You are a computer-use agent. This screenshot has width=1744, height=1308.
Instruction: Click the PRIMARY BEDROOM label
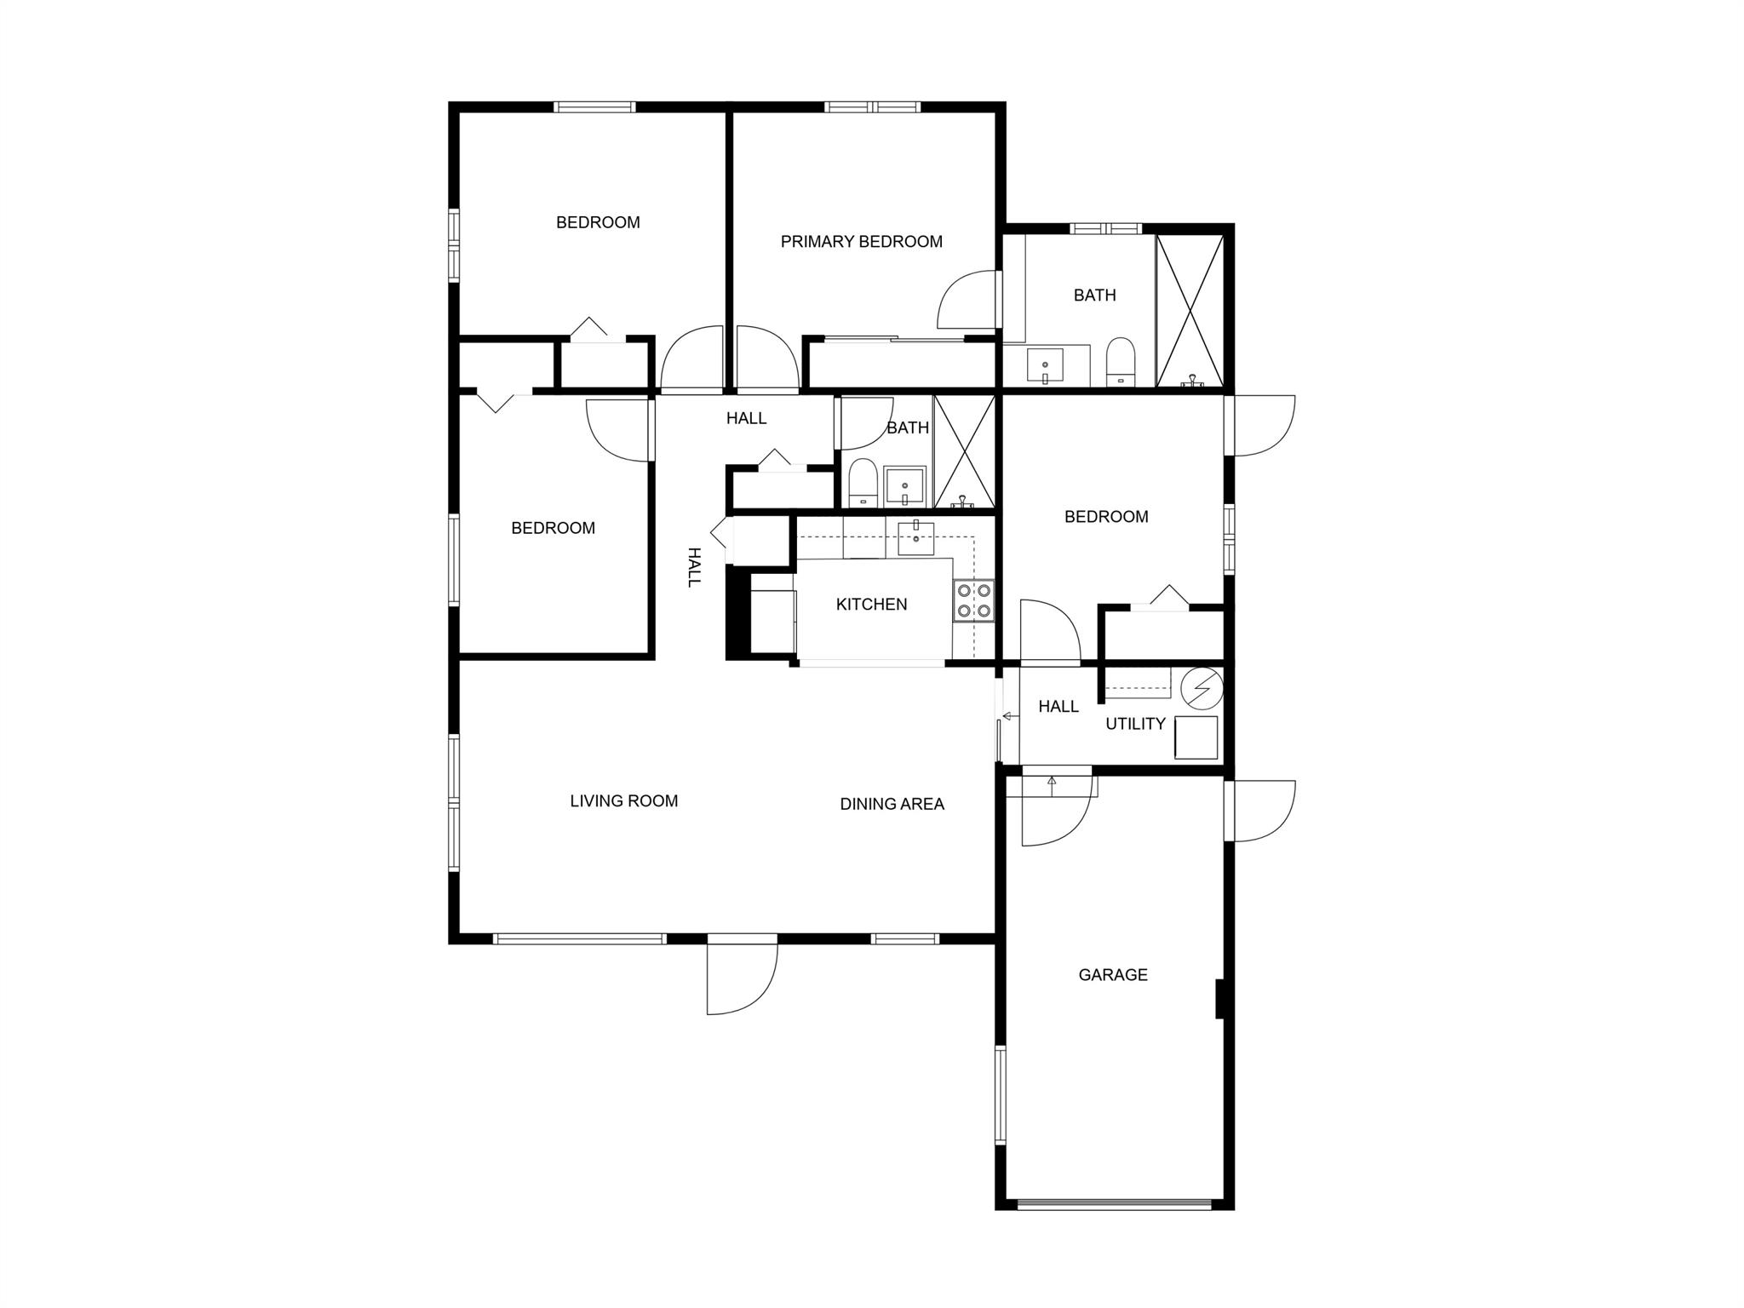click(x=861, y=242)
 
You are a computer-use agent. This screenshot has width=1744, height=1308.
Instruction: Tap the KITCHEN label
click(x=871, y=605)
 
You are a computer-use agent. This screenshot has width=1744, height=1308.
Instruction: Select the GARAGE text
click(x=1113, y=975)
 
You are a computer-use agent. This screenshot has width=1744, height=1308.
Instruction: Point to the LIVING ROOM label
click(x=624, y=801)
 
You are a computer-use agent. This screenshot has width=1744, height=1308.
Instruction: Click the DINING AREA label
click(x=892, y=804)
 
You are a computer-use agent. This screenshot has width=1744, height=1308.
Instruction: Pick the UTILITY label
click(x=1135, y=724)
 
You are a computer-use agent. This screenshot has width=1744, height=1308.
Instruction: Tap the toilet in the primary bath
click(x=1121, y=362)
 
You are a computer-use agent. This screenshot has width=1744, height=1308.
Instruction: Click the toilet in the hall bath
click(x=863, y=483)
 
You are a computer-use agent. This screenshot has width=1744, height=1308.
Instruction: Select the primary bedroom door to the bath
click(x=967, y=300)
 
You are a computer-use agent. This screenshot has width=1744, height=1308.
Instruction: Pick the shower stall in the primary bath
click(x=1190, y=311)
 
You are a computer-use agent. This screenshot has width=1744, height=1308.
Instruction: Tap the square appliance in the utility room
click(x=1196, y=737)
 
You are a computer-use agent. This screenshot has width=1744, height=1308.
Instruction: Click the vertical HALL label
click(x=695, y=567)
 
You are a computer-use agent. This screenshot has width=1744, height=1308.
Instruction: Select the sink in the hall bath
click(x=904, y=486)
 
